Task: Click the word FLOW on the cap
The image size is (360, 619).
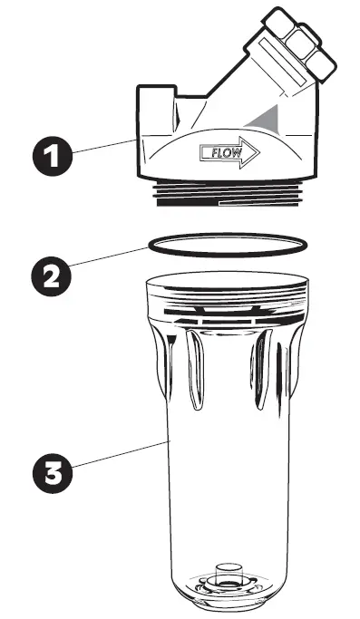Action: (x=226, y=151)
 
